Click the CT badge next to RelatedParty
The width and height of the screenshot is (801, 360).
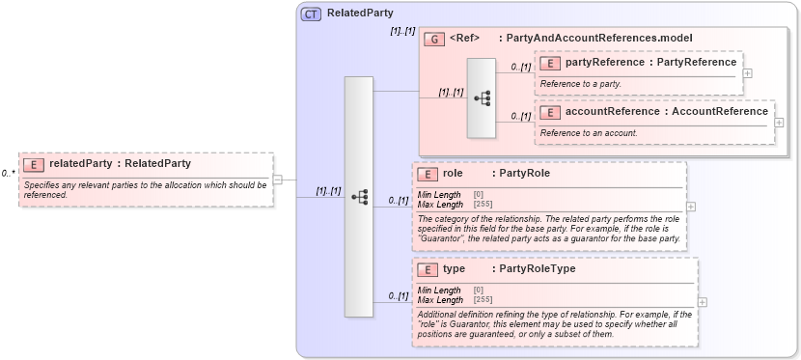pos(311,14)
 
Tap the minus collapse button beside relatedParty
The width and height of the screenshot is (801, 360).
pos(278,179)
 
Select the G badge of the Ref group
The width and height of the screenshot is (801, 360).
pos(434,39)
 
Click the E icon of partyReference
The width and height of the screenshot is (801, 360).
pos(550,63)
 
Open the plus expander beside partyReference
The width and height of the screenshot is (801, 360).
pos(748,73)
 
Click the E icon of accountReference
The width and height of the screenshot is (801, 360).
pos(550,112)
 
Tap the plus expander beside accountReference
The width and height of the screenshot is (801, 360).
pos(779,123)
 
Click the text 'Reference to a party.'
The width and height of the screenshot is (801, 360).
pos(581,84)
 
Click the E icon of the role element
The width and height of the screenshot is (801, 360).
pos(428,174)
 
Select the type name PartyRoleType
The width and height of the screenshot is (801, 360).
pos(534,268)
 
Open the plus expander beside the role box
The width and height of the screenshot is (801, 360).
pos(691,207)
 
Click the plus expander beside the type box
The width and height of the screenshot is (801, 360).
pos(702,301)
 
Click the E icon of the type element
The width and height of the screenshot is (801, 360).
pos(428,269)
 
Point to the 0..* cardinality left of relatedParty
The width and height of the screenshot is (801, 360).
pos(8,174)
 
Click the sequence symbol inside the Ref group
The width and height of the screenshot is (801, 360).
pos(482,97)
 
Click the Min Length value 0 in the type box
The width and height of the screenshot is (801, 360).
pos(479,290)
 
